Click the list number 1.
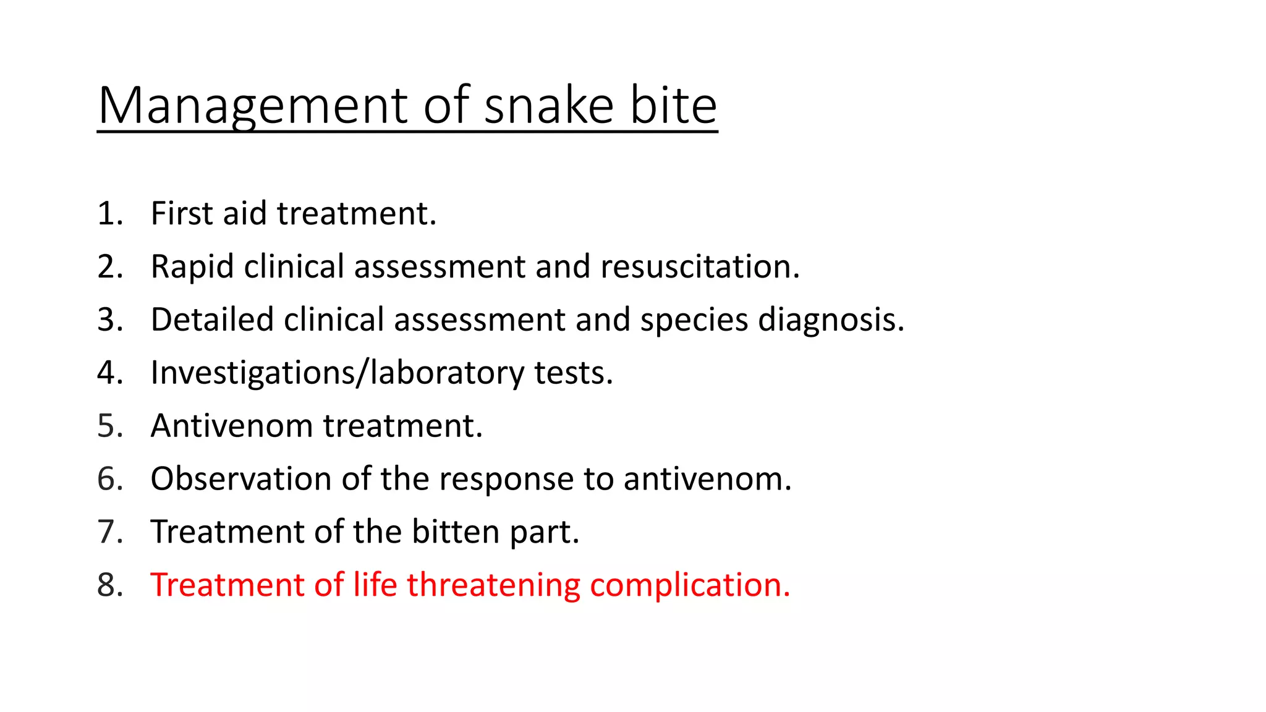(x=109, y=214)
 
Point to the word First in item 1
(x=182, y=214)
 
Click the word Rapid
(x=192, y=267)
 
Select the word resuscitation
(x=700, y=267)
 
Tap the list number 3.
(x=109, y=320)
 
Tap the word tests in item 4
(x=573, y=373)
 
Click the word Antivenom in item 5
(x=232, y=426)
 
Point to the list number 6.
(x=109, y=480)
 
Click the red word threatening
(x=493, y=585)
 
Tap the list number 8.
(x=109, y=585)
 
